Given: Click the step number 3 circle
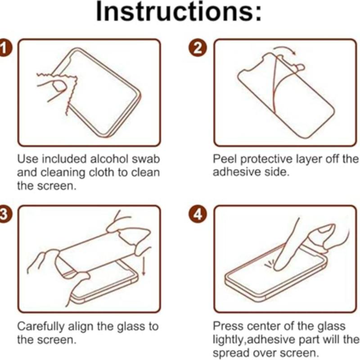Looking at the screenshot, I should click(x=4, y=215).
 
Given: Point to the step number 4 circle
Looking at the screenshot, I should click(x=197, y=215).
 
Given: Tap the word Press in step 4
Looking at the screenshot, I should click(x=226, y=326).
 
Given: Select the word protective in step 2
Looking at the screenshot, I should click(x=268, y=160).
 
